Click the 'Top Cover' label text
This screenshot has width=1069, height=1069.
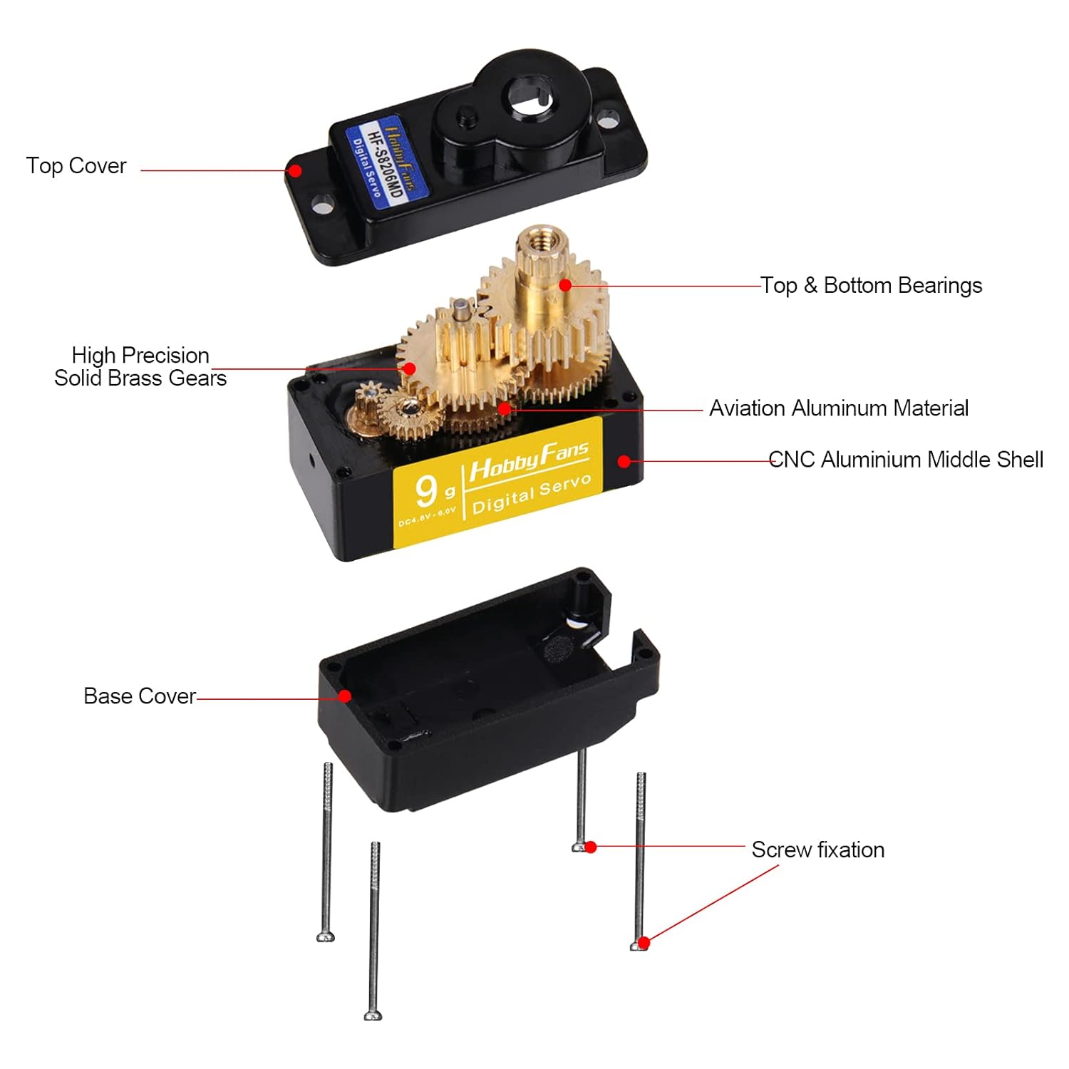coord(76,166)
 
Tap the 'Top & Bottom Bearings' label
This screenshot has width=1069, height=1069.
coord(871,286)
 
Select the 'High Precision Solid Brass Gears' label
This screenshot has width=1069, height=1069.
coord(140,366)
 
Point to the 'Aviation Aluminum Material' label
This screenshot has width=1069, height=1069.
coord(839,408)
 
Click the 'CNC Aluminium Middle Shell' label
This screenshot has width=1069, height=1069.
coord(906,460)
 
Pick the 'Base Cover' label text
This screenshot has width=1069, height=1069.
coord(140,696)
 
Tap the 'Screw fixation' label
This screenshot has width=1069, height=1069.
coord(817,849)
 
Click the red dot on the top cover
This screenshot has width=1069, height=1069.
coord(294,170)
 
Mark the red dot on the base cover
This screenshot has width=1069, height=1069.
coord(345,696)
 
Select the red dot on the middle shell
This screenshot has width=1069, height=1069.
coord(624,461)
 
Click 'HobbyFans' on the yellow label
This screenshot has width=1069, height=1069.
coord(529,461)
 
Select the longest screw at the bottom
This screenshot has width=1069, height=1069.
coord(373,930)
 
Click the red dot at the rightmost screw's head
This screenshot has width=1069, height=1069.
coord(644,943)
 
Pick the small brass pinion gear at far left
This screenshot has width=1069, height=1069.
coord(368,394)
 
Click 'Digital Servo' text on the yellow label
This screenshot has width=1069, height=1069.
coord(532,494)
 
